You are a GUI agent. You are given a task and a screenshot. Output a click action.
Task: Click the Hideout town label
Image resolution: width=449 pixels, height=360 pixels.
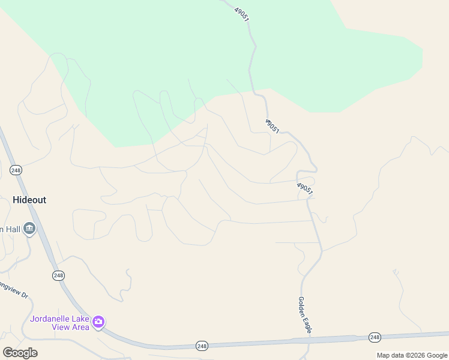pyautogui.click(x=29, y=200)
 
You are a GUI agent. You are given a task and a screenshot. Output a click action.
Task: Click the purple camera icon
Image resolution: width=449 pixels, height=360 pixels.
pyautogui.click(x=98, y=322)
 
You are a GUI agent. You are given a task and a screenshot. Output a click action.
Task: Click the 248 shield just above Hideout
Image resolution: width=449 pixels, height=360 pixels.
pyautogui.click(x=16, y=170)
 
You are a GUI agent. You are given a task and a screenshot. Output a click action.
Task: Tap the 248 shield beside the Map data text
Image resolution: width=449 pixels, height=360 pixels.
pyautogui.click(x=375, y=338)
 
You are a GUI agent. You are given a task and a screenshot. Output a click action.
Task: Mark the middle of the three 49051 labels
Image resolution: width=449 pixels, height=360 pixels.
pyautogui.click(x=271, y=125)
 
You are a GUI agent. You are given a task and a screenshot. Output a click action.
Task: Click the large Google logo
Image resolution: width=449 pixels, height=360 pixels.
pyautogui.click(x=20, y=353)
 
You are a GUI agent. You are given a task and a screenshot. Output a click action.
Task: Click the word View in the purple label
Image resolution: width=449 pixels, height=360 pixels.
pyautogui.click(x=61, y=327)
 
